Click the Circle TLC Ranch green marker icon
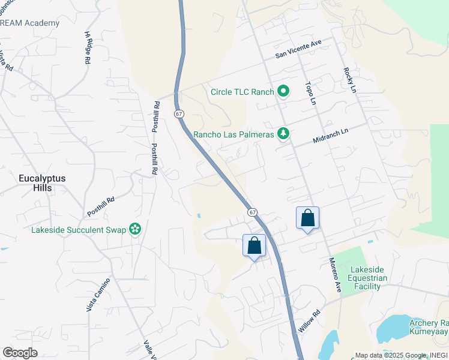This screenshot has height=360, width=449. [x=283, y=92]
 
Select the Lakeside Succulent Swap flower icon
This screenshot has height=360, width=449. [x=136, y=229]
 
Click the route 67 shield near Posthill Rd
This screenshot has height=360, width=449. [x=178, y=113]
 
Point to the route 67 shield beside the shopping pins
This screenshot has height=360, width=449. [x=252, y=212]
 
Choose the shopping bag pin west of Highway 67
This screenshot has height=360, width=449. [x=254, y=245]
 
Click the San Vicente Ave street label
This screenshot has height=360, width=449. [x=299, y=49]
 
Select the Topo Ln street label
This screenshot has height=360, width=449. [x=310, y=93]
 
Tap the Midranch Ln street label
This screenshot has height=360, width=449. [x=330, y=136]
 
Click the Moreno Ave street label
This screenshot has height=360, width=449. [x=334, y=275]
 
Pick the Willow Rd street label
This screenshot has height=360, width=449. [x=310, y=322]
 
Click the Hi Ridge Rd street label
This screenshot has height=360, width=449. [x=87, y=48]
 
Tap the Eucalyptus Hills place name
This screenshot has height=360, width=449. [x=42, y=183]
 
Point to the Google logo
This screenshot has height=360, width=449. [x=20, y=353]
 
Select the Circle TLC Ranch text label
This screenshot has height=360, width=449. [x=242, y=92]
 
